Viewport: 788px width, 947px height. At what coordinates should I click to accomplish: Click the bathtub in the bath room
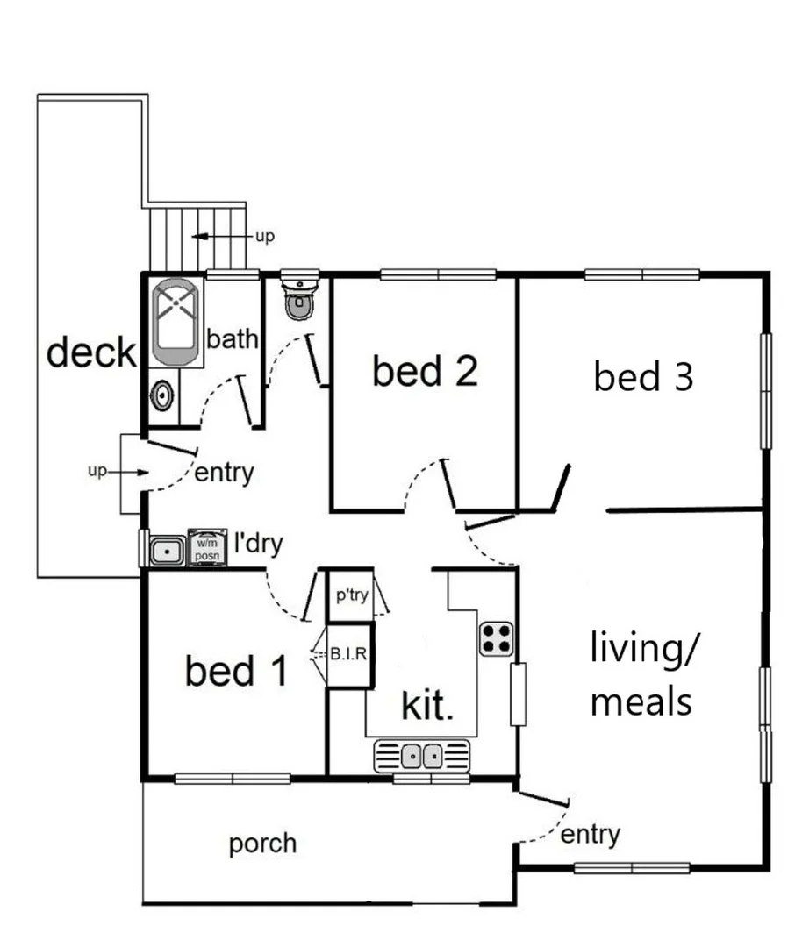[176, 322]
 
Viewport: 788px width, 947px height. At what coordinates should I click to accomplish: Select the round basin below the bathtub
[161, 396]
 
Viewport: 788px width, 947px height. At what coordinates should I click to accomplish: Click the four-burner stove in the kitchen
[496, 637]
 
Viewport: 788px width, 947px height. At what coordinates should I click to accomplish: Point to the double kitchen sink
[422, 755]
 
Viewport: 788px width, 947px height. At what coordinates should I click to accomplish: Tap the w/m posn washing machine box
[207, 547]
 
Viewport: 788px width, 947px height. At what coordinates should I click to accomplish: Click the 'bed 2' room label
[425, 372]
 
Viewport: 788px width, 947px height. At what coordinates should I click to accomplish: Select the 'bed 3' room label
[643, 377]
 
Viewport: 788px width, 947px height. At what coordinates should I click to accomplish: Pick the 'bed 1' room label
[236, 672]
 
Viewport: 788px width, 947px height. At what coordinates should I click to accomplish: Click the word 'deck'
[91, 353]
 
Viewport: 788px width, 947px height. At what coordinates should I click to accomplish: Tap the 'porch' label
[262, 844]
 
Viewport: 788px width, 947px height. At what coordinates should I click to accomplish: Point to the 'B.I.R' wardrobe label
[348, 653]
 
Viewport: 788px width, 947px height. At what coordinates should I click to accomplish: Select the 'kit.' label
[427, 705]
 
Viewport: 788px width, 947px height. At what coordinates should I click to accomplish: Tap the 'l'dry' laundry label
[258, 545]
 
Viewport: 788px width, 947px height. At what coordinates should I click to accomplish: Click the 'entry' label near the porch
[590, 835]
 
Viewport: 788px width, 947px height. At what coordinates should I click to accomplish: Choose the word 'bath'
[233, 339]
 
